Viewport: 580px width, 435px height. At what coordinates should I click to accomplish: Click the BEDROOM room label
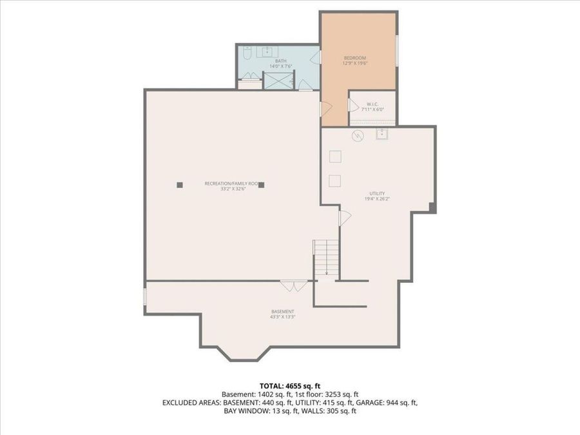tap(354, 58)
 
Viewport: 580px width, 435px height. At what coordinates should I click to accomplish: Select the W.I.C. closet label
tap(372, 104)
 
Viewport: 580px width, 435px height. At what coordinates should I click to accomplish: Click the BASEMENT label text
tap(283, 311)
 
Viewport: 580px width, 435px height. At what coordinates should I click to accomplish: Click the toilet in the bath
tap(247, 53)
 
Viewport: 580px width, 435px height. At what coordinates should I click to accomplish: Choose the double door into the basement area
tap(294, 285)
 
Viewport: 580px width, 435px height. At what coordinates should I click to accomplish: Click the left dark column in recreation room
tap(180, 185)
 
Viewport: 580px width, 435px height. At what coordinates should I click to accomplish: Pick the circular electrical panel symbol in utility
tap(358, 135)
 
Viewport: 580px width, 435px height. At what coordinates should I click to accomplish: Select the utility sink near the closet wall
tap(382, 134)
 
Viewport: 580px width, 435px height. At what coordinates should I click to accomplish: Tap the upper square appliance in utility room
tap(335, 156)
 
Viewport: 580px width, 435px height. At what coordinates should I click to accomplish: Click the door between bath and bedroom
tap(316, 57)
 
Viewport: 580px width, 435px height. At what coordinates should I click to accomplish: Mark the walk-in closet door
tap(351, 104)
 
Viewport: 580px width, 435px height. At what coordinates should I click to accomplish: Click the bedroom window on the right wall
tap(397, 50)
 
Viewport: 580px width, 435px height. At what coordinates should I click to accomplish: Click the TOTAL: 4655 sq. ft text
tap(289, 386)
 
